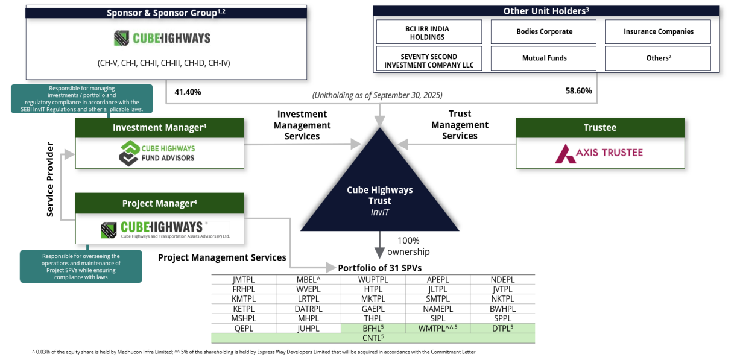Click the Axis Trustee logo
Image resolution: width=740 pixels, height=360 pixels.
click(599, 154)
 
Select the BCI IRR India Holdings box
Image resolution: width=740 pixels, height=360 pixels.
click(429, 32)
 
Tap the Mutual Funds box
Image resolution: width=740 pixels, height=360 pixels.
click(543, 58)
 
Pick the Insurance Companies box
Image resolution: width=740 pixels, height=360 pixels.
click(658, 32)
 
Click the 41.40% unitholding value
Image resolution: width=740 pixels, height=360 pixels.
click(188, 92)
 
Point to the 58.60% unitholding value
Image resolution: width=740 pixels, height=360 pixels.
click(578, 91)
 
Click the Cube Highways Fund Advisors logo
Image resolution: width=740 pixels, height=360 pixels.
click(157, 153)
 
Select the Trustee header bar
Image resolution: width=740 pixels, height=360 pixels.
click(600, 127)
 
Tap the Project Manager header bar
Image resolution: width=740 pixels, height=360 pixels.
click(160, 203)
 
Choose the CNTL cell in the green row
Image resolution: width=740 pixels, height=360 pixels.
click(373, 338)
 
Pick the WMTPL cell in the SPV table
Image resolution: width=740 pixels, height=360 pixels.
click(438, 328)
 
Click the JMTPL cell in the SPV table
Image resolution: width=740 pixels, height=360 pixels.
click(244, 280)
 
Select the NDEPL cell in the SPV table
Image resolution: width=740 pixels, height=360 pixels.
click(502, 280)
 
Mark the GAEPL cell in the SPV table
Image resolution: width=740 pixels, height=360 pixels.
click(373, 309)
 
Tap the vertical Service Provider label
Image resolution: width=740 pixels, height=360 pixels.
click(50, 179)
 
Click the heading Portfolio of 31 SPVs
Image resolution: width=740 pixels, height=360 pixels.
click(379, 268)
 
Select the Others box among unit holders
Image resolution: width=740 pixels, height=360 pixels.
click(658, 58)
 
